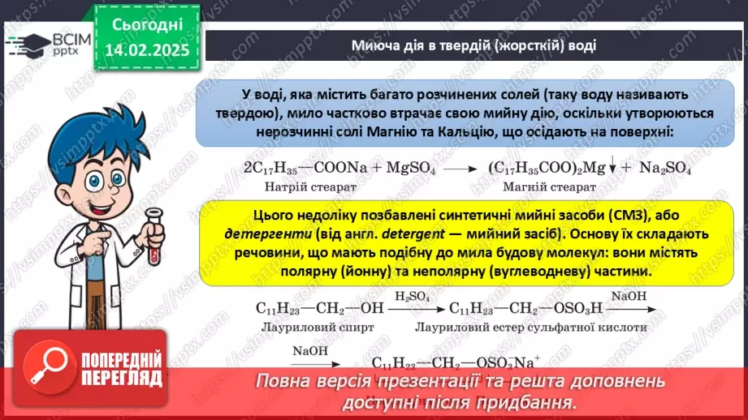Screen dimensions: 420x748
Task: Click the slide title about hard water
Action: point(474,45)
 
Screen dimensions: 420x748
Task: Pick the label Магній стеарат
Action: point(550,187)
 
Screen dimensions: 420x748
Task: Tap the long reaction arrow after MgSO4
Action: point(460,169)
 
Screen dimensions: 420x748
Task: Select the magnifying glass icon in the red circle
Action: point(50,369)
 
